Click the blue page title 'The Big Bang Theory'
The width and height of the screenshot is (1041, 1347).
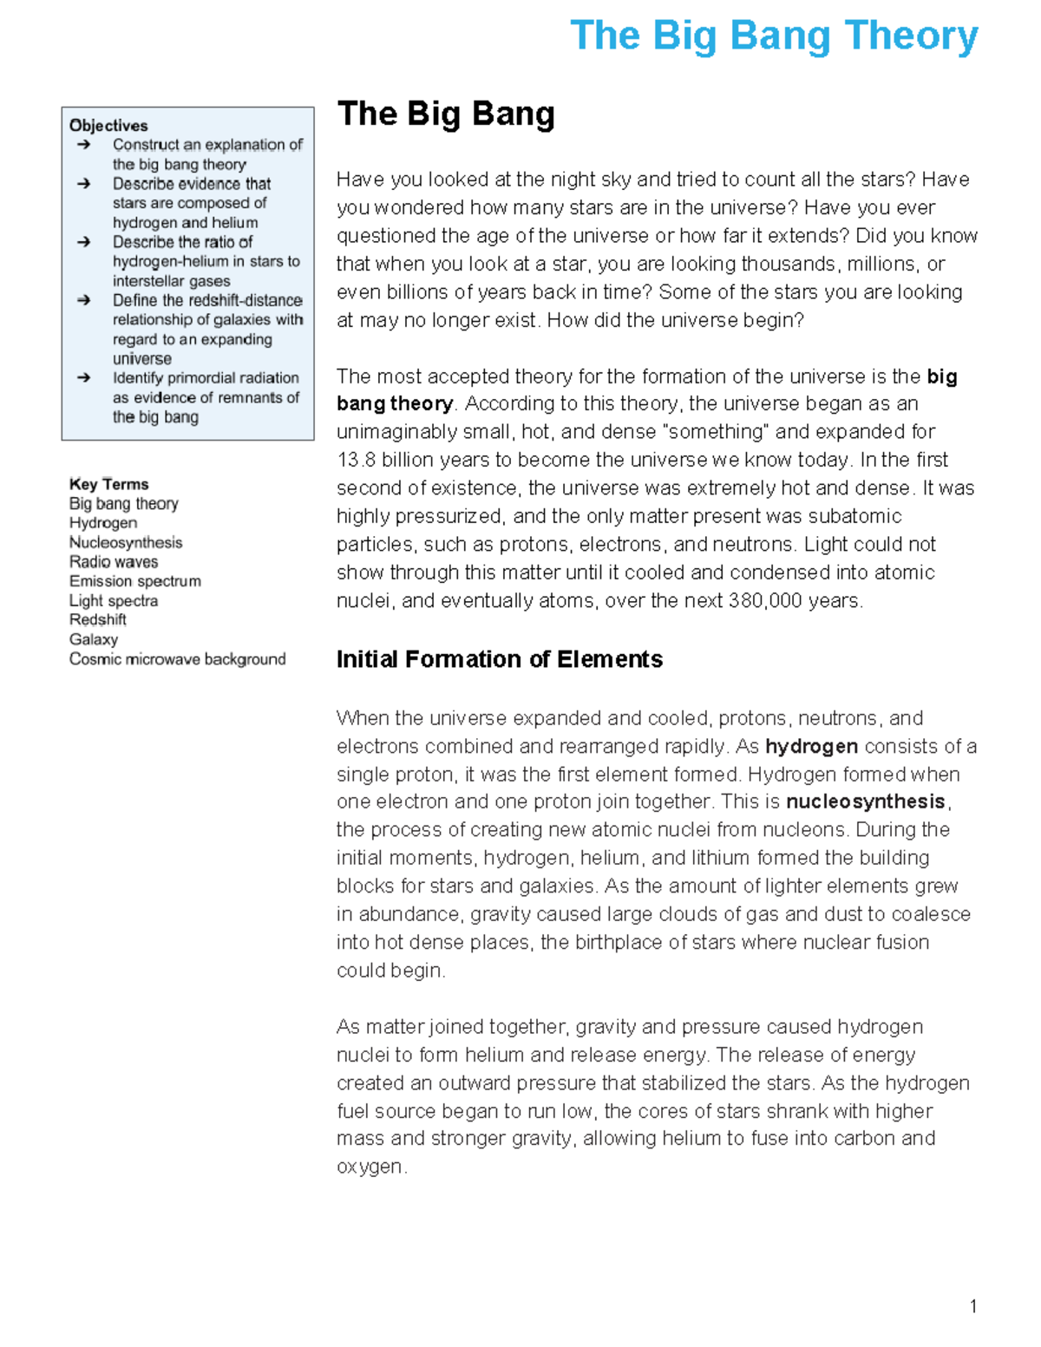click(774, 36)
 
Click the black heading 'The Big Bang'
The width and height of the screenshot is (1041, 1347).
click(446, 114)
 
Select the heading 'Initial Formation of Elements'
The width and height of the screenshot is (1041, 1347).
click(499, 659)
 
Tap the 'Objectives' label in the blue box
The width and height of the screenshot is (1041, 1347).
click(108, 126)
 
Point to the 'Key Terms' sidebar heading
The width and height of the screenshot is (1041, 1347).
click(108, 484)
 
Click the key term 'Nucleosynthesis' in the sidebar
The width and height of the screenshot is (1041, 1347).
click(126, 543)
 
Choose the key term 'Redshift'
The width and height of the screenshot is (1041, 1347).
click(98, 620)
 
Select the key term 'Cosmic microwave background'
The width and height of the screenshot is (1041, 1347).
click(177, 659)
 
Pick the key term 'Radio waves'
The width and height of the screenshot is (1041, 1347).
click(114, 562)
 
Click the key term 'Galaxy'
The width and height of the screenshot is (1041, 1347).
click(94, 640)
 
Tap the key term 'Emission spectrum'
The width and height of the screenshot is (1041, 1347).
click(135, 581)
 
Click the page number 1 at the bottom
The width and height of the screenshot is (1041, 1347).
click(973, 1306)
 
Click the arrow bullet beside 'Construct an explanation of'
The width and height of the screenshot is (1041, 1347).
click(83, 145)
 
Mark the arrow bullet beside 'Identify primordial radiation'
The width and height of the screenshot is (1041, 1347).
click(83, 378)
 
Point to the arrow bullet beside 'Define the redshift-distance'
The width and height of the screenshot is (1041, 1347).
click(83, 300)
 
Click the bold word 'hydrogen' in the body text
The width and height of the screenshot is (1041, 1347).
click(811, 747)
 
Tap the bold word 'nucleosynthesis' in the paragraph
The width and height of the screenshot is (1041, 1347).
click(865, 801)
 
